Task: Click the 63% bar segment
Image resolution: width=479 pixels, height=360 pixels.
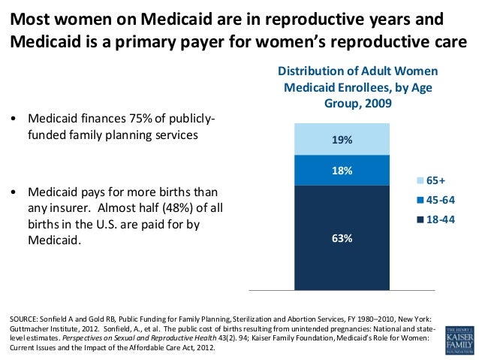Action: (342, 237)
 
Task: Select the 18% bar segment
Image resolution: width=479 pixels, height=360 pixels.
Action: (342, 170)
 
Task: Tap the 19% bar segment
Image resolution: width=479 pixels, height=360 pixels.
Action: (342, 139)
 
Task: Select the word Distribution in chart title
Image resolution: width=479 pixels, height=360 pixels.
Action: (313, 71)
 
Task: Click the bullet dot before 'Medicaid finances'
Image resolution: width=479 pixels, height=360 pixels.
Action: (14, 120)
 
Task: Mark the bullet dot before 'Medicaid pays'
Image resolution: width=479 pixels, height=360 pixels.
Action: (14, 192)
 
